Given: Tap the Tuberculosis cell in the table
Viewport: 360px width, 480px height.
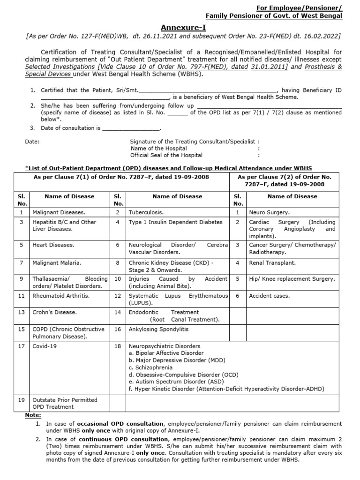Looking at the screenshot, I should pos(146,212).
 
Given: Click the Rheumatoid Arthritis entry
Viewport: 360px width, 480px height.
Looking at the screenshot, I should pos(60,296).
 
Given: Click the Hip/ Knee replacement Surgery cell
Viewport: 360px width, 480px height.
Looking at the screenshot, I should pos(292,279).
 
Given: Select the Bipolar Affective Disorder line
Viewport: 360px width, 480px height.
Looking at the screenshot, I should pos(166,353).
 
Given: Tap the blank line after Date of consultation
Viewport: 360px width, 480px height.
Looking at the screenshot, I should pos(131,128).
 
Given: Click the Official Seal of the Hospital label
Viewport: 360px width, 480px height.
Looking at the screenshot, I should pos(166,155).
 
